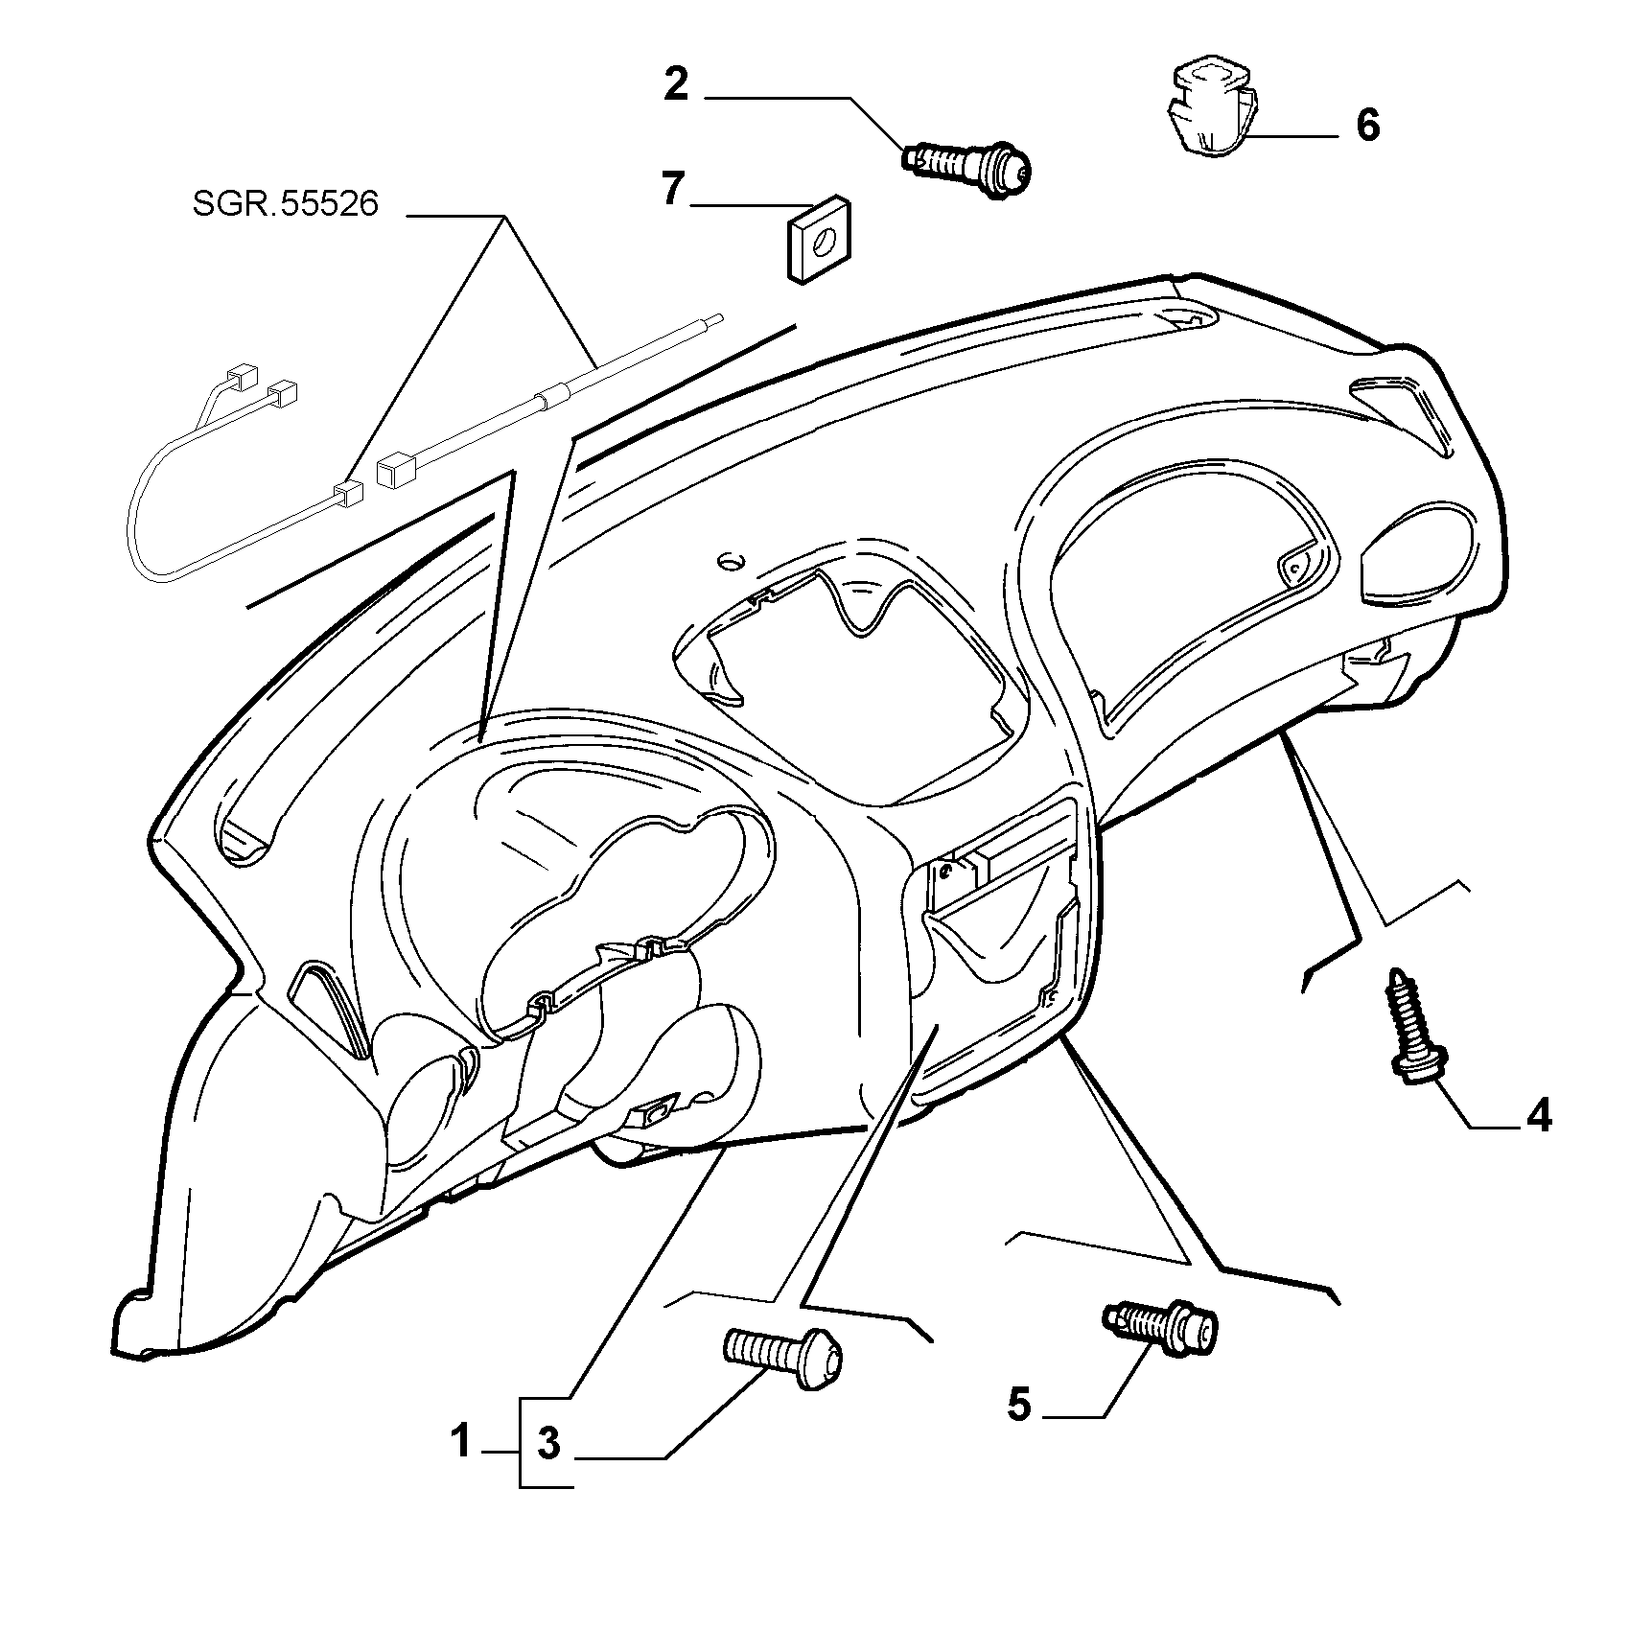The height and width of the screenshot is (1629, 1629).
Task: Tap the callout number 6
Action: pyautogui.click(x=1367, y=126)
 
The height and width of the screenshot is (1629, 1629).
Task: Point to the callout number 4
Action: pyautogui.click(x=1539, y=1116)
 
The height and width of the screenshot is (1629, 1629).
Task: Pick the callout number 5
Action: pyautogui.click(x=1018, y=1406)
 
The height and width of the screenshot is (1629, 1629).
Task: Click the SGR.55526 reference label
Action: pyautogui.click(x=286, y=204)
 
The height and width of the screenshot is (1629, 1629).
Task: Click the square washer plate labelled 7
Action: pyautogui.click(x=820, y=241)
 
